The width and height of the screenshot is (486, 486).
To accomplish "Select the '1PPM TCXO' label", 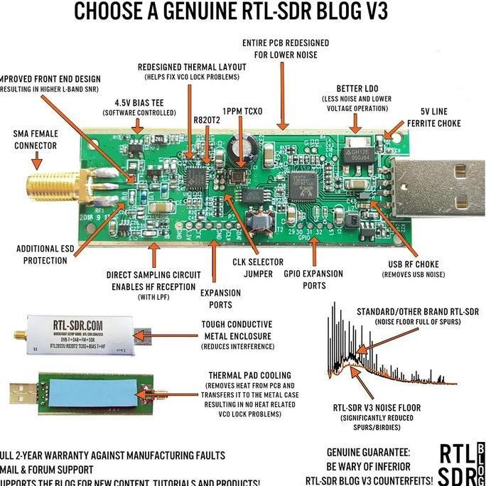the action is tap(242, 112).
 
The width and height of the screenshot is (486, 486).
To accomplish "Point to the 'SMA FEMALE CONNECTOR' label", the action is tap(36, 139).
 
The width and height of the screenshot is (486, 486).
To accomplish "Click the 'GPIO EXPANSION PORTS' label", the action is tap(313, 279).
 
